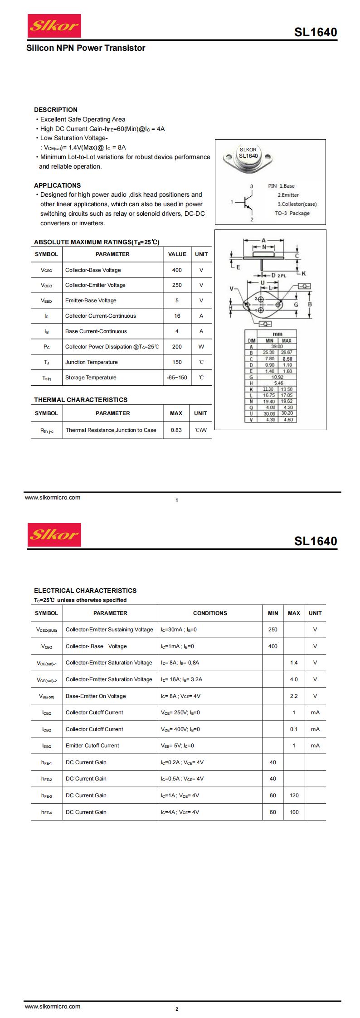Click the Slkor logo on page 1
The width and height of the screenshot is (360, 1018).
coord(54,26)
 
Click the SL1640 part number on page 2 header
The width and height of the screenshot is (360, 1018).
coord(315,541)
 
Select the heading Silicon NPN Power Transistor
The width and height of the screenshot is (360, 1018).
coord(86,48)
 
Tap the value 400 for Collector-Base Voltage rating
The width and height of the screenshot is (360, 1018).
coord(177,270)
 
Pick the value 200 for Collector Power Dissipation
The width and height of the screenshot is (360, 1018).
coord(177,347)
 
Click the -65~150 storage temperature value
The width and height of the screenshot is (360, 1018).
coord(177,378)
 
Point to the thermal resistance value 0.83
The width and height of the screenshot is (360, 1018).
coord(176,430)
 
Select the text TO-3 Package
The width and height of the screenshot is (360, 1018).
coord(292,213)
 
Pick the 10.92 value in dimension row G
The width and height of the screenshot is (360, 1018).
coord(277,377)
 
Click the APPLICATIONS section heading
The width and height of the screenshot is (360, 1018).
coord(57,185)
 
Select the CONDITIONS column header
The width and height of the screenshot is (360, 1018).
coord(210,613)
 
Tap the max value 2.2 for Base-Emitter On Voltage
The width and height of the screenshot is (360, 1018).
coord(294,696)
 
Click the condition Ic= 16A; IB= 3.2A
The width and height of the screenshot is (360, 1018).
coord(181,679)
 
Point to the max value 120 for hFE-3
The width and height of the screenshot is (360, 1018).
coord(294,795)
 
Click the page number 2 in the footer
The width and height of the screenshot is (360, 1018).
coord(177,1009)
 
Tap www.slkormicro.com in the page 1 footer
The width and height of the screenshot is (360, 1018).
coord(53,498)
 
